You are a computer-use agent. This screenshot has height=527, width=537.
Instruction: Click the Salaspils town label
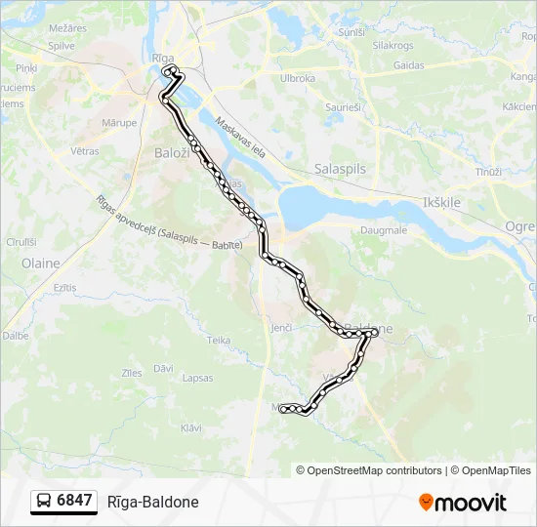pos(340,169)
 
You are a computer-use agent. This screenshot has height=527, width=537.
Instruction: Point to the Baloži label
pos(174,152)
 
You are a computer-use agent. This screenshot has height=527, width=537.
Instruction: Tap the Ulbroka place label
pos(297,78)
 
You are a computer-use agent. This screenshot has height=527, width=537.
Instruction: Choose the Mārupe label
pos(119,123)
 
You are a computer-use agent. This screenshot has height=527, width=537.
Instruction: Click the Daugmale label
pos(384,229)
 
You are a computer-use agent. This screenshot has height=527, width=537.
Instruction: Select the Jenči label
pos(281,327)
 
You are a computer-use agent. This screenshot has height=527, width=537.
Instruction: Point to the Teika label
pos(219,340)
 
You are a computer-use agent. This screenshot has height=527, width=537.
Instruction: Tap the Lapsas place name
pos(197,378)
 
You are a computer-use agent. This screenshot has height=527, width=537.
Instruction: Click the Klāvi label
pos(191,427)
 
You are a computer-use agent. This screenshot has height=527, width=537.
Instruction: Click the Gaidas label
pos(408,65)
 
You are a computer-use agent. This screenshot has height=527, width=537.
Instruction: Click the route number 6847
pos(74,501)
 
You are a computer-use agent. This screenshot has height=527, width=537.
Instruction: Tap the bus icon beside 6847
pos(44,501)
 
